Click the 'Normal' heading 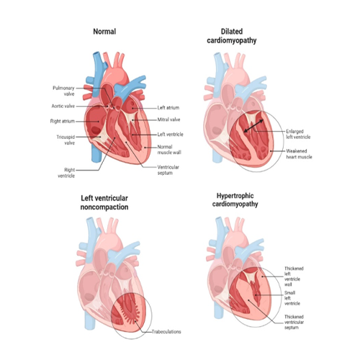[x=104, y=32]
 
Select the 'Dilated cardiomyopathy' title [x=232, y=36]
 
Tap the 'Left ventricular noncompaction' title [x=104, y=202]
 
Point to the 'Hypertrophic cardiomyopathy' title [x=235, y=200]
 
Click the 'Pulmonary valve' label [x=63, y=91]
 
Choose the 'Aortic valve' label [x=63, y=106]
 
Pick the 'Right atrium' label [x=63, y=121]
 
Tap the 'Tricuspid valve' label [x=66, y=140]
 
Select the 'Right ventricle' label [x=66, y=173]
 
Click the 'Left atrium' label [x=168, y=108]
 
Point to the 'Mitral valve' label [x=168, y=120]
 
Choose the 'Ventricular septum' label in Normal [x=168, y=170]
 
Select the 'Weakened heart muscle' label [x=299, y=154]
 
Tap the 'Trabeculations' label [x=166, y=332]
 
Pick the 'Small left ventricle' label [x=292, y=298]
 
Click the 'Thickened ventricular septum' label [x=294, y=322]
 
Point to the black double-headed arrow [x=253, y=126]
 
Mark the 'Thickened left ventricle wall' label [x=294, y=276]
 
